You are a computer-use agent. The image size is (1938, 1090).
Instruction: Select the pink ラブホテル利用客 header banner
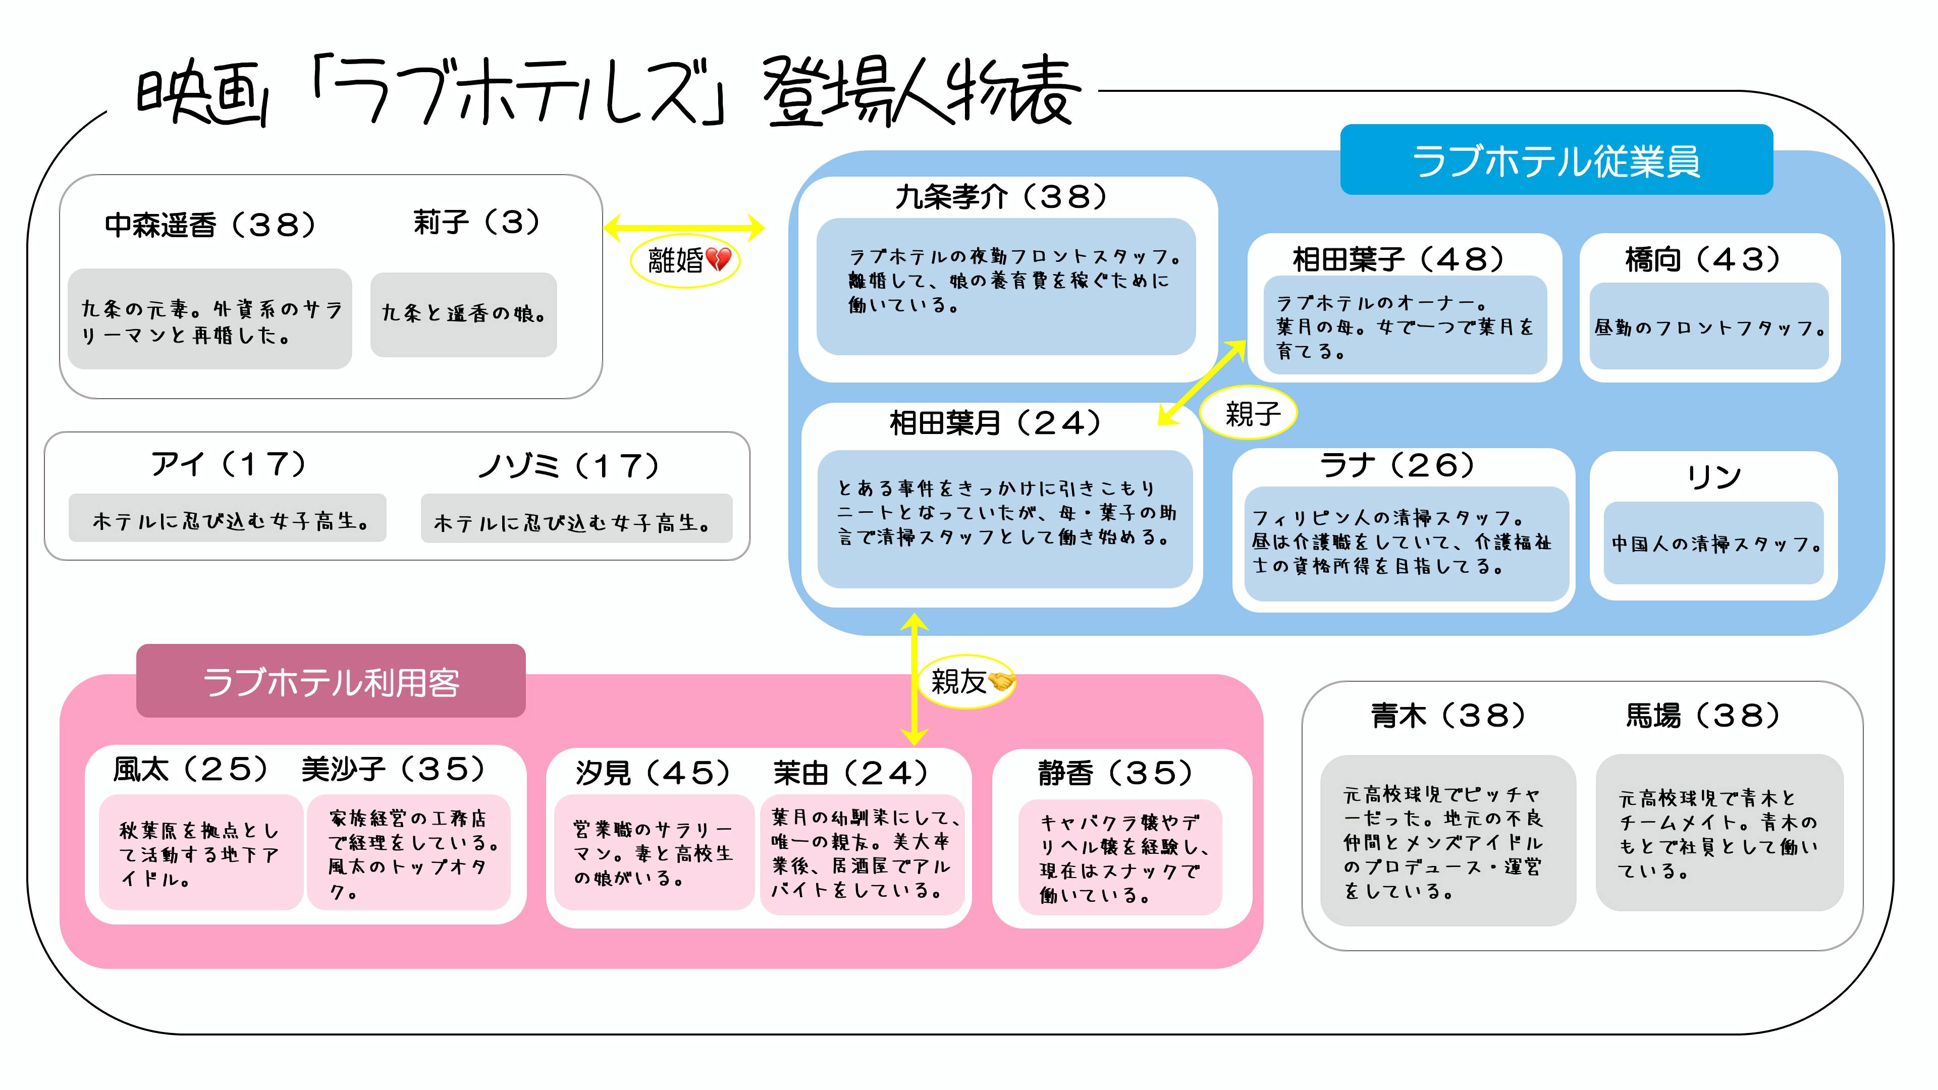point(330,681)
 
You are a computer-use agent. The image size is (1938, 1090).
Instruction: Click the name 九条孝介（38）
point(1001,197)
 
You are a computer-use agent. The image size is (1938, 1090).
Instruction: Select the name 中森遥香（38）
point(210,224)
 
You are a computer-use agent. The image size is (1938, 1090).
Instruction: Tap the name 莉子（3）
point(476,222)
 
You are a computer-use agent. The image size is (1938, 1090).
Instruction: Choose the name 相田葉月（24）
point(995,423)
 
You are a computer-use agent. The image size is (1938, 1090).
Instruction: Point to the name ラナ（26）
point(1396,466)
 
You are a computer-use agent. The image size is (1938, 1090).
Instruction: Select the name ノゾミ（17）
point(569,466)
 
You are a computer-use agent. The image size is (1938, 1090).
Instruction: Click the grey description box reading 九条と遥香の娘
point(463,314)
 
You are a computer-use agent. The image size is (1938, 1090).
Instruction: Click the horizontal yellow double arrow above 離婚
point(684,227)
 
